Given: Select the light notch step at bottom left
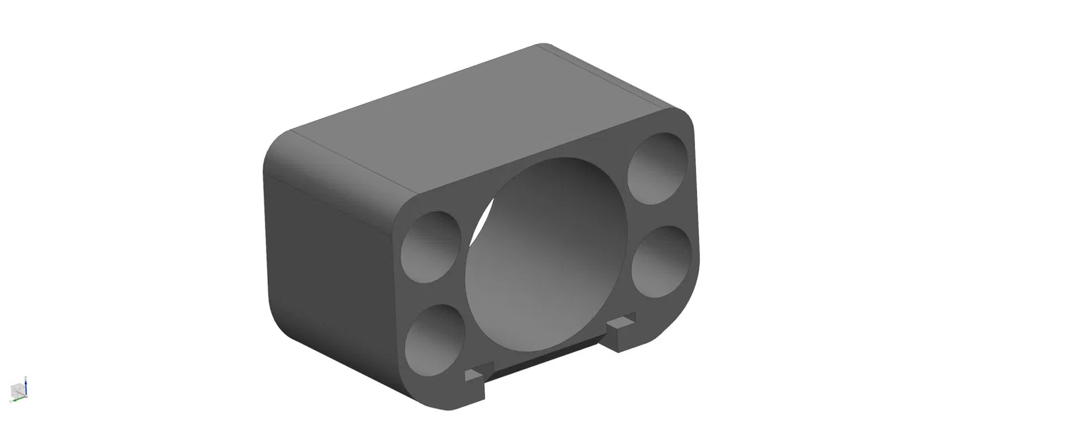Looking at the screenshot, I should [x=477, y=371].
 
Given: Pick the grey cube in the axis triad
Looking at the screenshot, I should [x=16, y=391].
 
